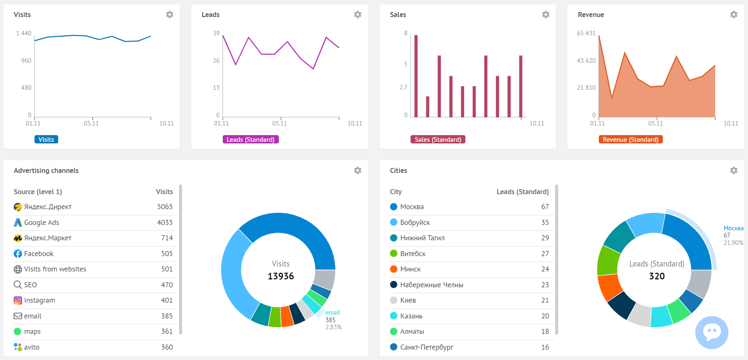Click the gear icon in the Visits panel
[x=170, y=15]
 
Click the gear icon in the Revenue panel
[x=733, y=15]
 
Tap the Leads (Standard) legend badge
[x=250, y=140]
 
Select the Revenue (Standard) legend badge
[x=630, y=140]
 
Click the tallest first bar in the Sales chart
[x=416, y=76]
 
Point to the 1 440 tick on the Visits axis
[x=24, y=33]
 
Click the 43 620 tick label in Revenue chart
[x=586, y=61]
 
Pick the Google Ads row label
[x=42, y=222]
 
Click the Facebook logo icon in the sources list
[x=18, y=254]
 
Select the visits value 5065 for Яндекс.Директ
[x=165, y=207]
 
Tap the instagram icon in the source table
[x=18, y=300]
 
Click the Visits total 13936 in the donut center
[x=280, y=276]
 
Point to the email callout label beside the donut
[x=332, y=313]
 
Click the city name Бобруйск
[x=415, y=222]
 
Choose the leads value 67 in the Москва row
[x=545, y=207]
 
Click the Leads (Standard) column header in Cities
[x=522, y=192]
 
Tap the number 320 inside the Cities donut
[x=657, y=276]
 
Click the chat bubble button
[x=711, y=332]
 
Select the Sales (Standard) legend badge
[x=438, y=140]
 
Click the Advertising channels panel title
[x=46, y=170]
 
